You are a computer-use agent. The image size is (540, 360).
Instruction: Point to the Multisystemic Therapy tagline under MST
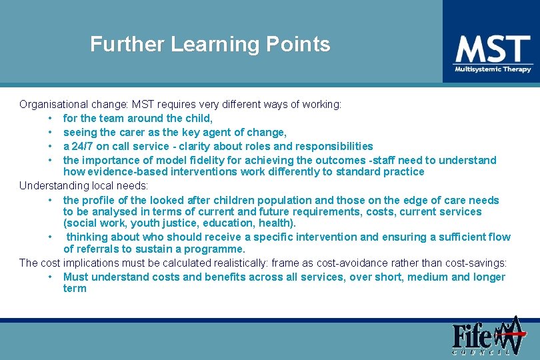pyautogui.click(x=493, y=69)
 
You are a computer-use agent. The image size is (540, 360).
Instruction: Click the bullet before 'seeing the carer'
pyautogui.click(x=51, y=133)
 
